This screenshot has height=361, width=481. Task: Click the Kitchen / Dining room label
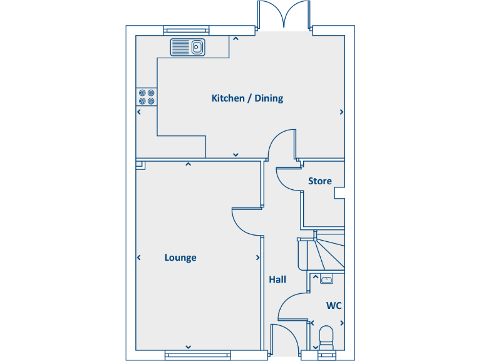[247, 98]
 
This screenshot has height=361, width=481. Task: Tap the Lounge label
[180, 258]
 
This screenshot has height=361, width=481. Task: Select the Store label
[319, 181]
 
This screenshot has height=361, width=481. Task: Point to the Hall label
[277, 280]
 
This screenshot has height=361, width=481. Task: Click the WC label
[334, 306]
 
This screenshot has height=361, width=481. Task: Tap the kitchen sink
[188, 47]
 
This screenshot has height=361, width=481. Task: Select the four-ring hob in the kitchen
[147, 97]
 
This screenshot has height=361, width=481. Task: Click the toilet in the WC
[326, 337]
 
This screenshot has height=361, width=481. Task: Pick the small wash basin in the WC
[326, 280]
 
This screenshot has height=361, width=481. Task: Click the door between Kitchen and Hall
[280, 144]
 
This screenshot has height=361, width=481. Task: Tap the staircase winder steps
[328, 251]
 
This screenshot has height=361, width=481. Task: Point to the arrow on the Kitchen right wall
[341, 112]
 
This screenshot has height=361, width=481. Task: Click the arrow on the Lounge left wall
[138, 258]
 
